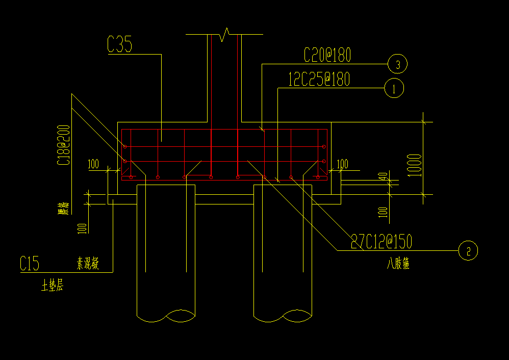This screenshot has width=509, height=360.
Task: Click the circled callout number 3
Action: (x=397, y=64)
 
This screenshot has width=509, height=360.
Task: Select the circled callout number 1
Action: (x=394, y=89)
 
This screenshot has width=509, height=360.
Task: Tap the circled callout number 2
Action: (x=468, y=250)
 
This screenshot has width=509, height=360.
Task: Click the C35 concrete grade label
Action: (x=119, y=45)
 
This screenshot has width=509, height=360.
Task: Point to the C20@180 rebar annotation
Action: (x=327, y=55)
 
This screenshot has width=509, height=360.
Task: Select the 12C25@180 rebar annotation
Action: (x=319, y=80)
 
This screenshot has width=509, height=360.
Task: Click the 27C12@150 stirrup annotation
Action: (x=381, y=241)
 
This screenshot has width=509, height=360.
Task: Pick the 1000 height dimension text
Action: (x=415, y=165)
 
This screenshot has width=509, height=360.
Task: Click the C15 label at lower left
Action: (x=30, y=264)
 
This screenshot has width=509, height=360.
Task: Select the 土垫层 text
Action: (x=52, y=287)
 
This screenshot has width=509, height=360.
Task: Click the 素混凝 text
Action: (x=88, y=264)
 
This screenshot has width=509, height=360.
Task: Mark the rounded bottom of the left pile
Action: (x=166, y=316)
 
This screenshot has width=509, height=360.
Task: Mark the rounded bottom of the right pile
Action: (x=283, y=316)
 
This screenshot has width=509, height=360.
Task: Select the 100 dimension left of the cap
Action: (x=93, y=164)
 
